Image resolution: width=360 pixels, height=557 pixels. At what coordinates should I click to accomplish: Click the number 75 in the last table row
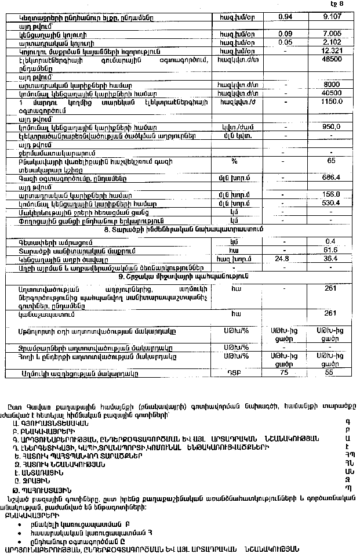tap(284, 374)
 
